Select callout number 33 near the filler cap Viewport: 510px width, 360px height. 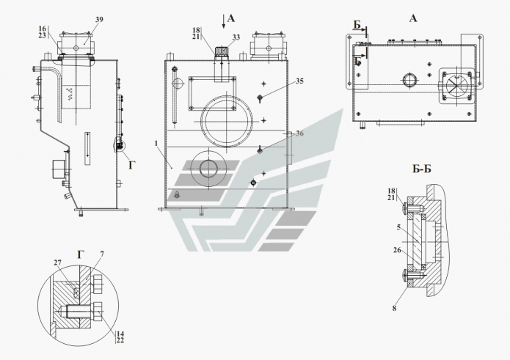pos(235,36)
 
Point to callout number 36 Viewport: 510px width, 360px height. pos(299,133)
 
